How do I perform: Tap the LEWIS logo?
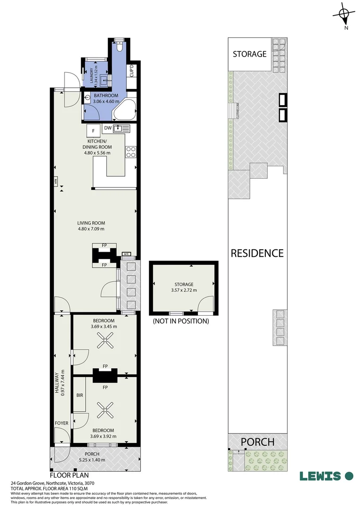point(326,476)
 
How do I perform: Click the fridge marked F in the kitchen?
point(93,130)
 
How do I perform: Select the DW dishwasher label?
point(107,128)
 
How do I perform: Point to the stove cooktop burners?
point(131,152)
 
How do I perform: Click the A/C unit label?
point(126,254)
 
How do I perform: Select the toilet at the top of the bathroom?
point(120,47)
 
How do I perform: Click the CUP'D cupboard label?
point(132,71)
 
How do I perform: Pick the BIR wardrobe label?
point(80,395)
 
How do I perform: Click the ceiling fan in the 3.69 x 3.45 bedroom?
point(104,341)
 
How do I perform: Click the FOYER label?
point(61,423)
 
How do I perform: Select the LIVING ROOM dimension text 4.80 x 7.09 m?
point(91,229)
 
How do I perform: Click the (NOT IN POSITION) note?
point(180,321)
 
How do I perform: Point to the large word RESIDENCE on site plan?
point(257,253)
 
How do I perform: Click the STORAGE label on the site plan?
point(250,54)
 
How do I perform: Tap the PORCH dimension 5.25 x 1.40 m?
point(93,460)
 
